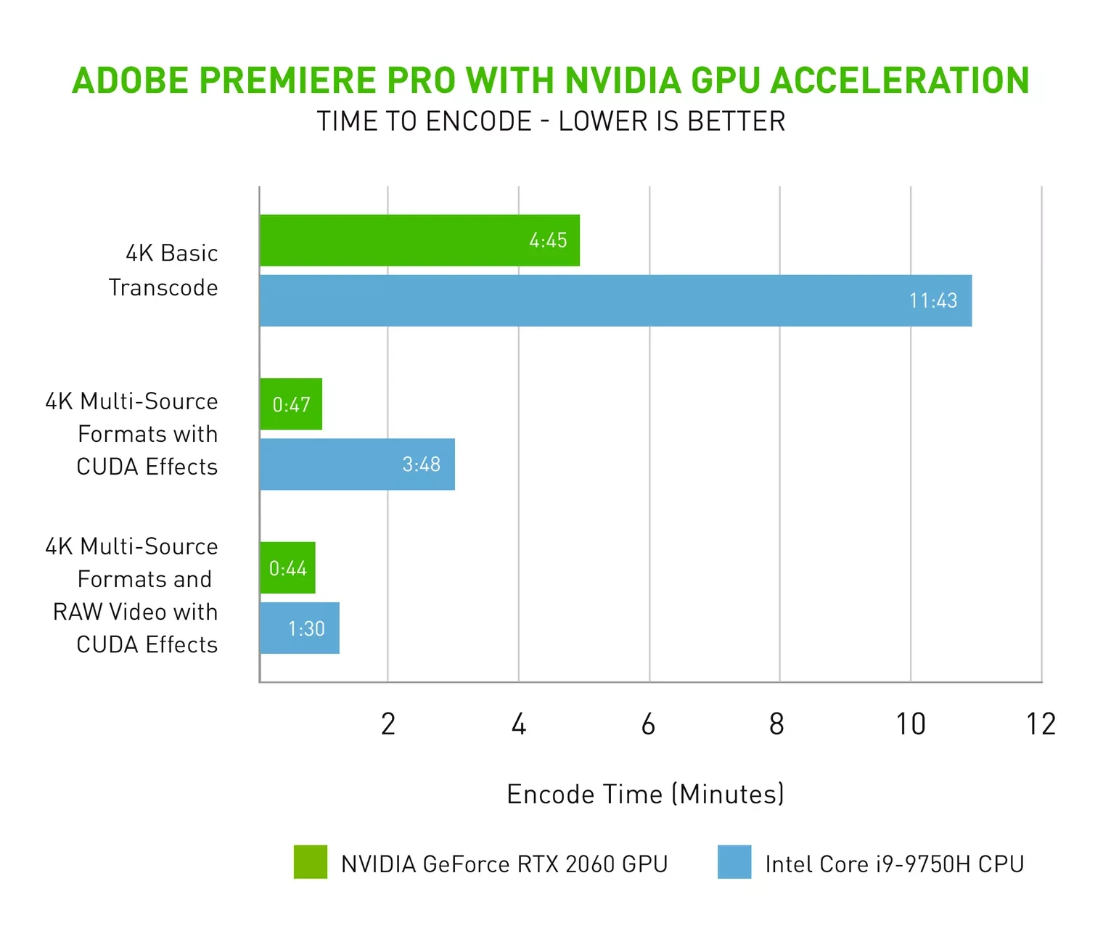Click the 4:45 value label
point(548,241)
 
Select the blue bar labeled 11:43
point(615,300)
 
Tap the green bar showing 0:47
point(291,404)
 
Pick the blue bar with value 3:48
point(357,464)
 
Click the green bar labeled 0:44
point(288,568)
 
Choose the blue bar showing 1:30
point(300,628)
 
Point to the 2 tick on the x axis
point(388,724)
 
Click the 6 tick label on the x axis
point(649,724)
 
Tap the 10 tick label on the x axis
point(910,724)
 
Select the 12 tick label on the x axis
point(1041,724)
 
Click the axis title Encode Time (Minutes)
point(645,794)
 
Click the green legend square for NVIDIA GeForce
point(311,862)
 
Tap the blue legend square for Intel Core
point(734,862)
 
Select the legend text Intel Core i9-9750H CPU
point(894,864)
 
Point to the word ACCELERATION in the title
point(900,81)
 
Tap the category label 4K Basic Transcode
point(164,270)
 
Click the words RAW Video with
point(135,612)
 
